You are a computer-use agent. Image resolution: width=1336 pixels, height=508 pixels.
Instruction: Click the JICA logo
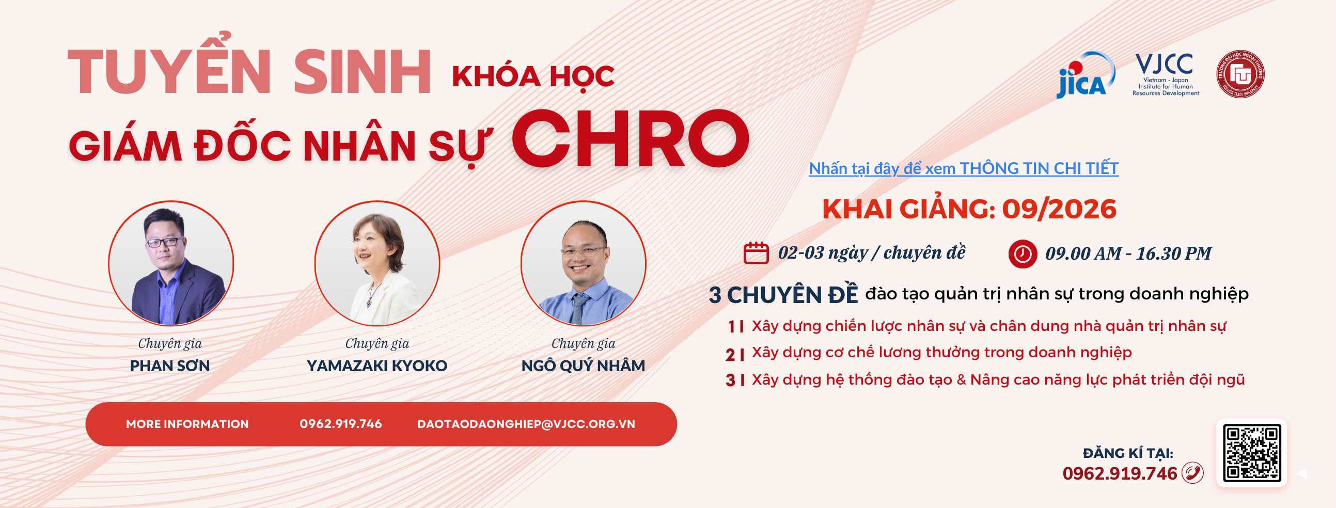click(x=1086, y=75)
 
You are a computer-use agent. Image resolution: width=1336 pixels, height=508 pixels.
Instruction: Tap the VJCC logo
click(x=1165, y=74)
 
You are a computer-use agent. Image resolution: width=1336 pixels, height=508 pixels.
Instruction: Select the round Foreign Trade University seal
click(x=1240, y=74)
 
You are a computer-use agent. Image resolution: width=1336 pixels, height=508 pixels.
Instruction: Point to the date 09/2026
click(x=1059, y=210)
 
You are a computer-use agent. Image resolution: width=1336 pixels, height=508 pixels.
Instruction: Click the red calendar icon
click(x=756, y=253)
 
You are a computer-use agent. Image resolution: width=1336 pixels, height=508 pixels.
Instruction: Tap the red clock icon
click(x=1022, y=254)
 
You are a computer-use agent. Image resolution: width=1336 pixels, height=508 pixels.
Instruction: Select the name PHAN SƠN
click(x=169, y=366)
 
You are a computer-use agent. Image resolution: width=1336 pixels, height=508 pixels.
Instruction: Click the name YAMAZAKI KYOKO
click(x=376, y=366)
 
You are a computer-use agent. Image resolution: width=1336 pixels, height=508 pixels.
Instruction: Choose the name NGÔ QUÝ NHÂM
click(x=583, y=366)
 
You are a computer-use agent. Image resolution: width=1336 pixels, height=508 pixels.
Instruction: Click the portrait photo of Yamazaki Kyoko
click(x=377, y=263)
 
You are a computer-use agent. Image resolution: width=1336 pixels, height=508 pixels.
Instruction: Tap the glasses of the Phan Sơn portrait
click(x=164, y=242)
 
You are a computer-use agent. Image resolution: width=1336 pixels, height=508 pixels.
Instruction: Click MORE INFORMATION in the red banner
click(x=187, y=424)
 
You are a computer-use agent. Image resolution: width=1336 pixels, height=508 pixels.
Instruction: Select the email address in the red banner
click(x=526, y=424)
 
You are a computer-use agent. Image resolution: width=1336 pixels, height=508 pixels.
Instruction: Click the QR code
click(x=1251, y=453)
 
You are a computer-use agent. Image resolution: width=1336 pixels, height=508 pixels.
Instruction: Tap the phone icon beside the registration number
click(x=1192, y=473)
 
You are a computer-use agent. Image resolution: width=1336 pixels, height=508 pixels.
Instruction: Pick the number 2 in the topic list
click(x=730, y=355)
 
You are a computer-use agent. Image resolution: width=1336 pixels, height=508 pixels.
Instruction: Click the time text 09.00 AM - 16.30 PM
click(x=1128, y=254)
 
